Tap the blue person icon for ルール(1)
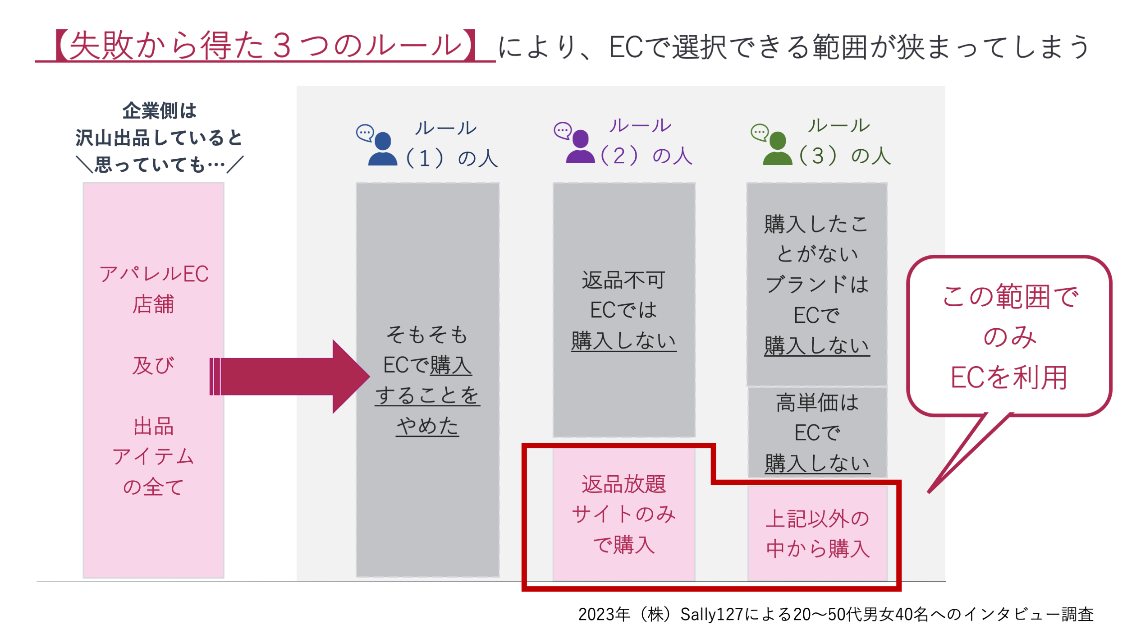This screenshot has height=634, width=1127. (x=383, y=150)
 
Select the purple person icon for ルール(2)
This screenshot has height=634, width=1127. (x=580, y=147)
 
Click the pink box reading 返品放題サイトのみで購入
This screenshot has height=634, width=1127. (x=624, y=515)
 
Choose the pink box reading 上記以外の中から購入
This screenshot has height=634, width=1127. (x=817, y=533)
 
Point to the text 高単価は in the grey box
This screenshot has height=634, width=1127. (x=817, y=403)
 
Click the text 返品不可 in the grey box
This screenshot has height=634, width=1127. (x=623, y=280)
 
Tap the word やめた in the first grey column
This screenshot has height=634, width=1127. (x=427, y=426)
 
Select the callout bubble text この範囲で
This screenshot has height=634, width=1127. (x=1010, y=297)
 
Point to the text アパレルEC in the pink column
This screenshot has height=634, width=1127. (x=154, y=274)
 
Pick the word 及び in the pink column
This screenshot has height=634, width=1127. (x=153, y=366)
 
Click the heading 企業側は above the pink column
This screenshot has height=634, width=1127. (x=160, y=111)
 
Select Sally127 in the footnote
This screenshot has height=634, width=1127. (x=712, y=614)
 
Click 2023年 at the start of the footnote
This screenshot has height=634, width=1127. (x=604, y=614)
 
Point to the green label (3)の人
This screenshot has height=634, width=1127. (x=845, y=156)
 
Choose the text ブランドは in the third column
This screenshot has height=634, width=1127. (x=817, y=285)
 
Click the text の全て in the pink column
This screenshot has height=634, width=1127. (x=153, y=487)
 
